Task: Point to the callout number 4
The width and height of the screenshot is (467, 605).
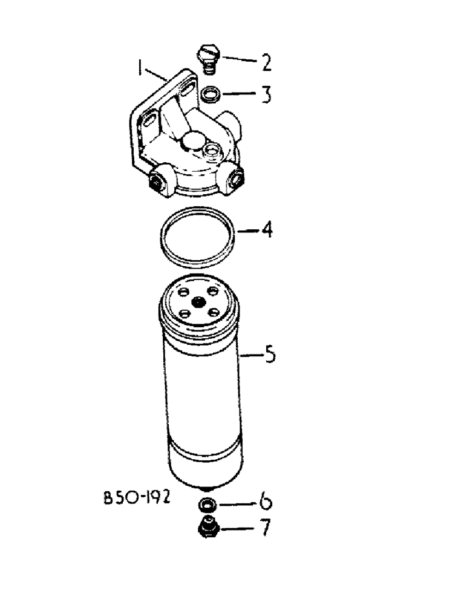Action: point(266,232)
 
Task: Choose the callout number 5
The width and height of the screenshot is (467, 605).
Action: point(270,354)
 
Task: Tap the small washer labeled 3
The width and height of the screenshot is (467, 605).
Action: point(210,94)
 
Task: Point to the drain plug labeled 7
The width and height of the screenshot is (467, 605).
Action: point(208,528)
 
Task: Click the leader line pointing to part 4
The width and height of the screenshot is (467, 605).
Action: point(247,232)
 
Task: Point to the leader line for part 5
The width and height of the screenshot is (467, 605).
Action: point(251,355)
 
